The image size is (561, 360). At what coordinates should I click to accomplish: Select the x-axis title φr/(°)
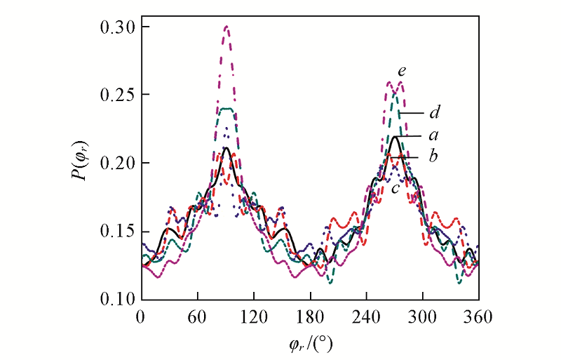pos(309,343)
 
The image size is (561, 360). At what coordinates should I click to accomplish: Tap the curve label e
pos(401,71)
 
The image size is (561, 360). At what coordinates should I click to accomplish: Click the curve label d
pos(434,112)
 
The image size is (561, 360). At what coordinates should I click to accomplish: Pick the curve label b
pos(433,156)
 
